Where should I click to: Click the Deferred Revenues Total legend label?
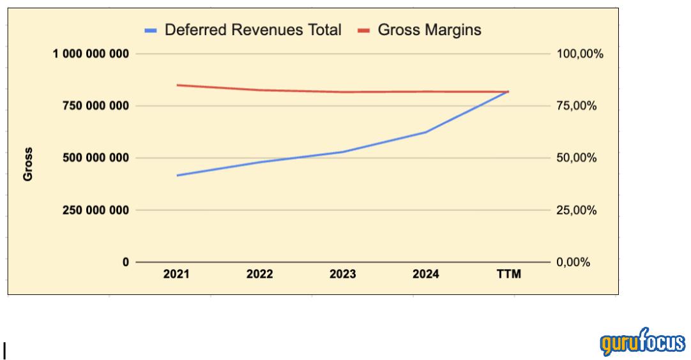pyautogui.click(x=253, y=29)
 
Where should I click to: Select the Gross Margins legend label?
pyautogui.click(x=429, y=29)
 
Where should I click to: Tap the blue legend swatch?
pyautogui.click(x=151, y=30)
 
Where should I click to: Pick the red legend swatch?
pyautogui.click(x=364, y=30)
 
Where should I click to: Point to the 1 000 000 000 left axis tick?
pyautogui.click(x=91, y=54)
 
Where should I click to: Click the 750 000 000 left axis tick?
pyautogui.click(x=95, y=106)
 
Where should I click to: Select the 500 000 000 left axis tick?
pyautogui.click(x=95, y=158)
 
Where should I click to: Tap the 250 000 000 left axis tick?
pyautogui.click(x=95, y=210)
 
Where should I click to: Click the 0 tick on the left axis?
pyautogui.click(x=125, y=262)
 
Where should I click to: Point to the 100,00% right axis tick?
pyautogui.click(x=580, y=54)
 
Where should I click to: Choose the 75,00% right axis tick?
pyautogui.click(x=577, y=106)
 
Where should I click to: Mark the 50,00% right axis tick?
pyautogui.click(x=577, y=158)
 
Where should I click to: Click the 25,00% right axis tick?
pyautogui.click(x=577, y=210)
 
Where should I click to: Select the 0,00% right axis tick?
pyautogui.click(x=574, y=262)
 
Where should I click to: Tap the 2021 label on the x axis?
pyautogui.click(x=176, y=274)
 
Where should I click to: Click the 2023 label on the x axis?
pyautogui.click(x=342, y=274)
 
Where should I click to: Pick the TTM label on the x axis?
pyautogui.click(x=509, y=274)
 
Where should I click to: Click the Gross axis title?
pyautogui.click(x=28, y=164)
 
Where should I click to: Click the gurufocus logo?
pyautogui.click(x=642, y=343)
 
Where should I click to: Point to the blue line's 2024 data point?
pyautogui.click(x=426, y=132)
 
